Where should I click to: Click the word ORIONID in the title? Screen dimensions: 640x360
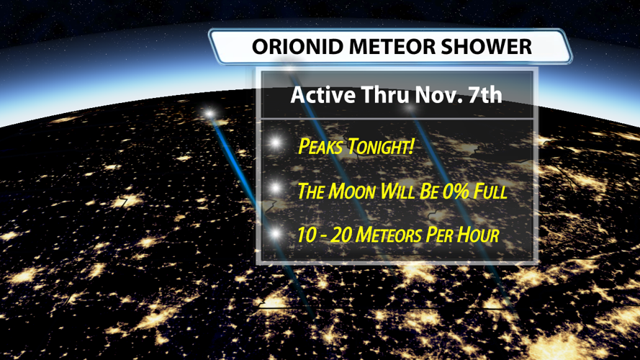click(297, 47)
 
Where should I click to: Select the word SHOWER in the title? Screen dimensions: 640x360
click(486, 47)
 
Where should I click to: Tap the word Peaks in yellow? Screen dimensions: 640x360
click(320, 146)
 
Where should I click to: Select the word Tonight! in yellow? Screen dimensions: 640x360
click(380, 146)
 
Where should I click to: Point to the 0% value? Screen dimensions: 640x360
click(456, 191)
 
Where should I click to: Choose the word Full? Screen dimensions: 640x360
click(490, 191)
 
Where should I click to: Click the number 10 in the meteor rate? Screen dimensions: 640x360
click(306, 235)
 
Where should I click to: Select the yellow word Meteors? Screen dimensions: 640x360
click(389, 235)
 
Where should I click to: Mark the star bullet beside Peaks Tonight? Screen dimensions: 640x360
click(276, 143)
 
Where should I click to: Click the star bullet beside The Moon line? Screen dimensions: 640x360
click(276, 188)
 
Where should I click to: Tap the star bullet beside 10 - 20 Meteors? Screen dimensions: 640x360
click(276, 233)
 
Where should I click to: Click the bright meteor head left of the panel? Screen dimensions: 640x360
click(209, 114)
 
